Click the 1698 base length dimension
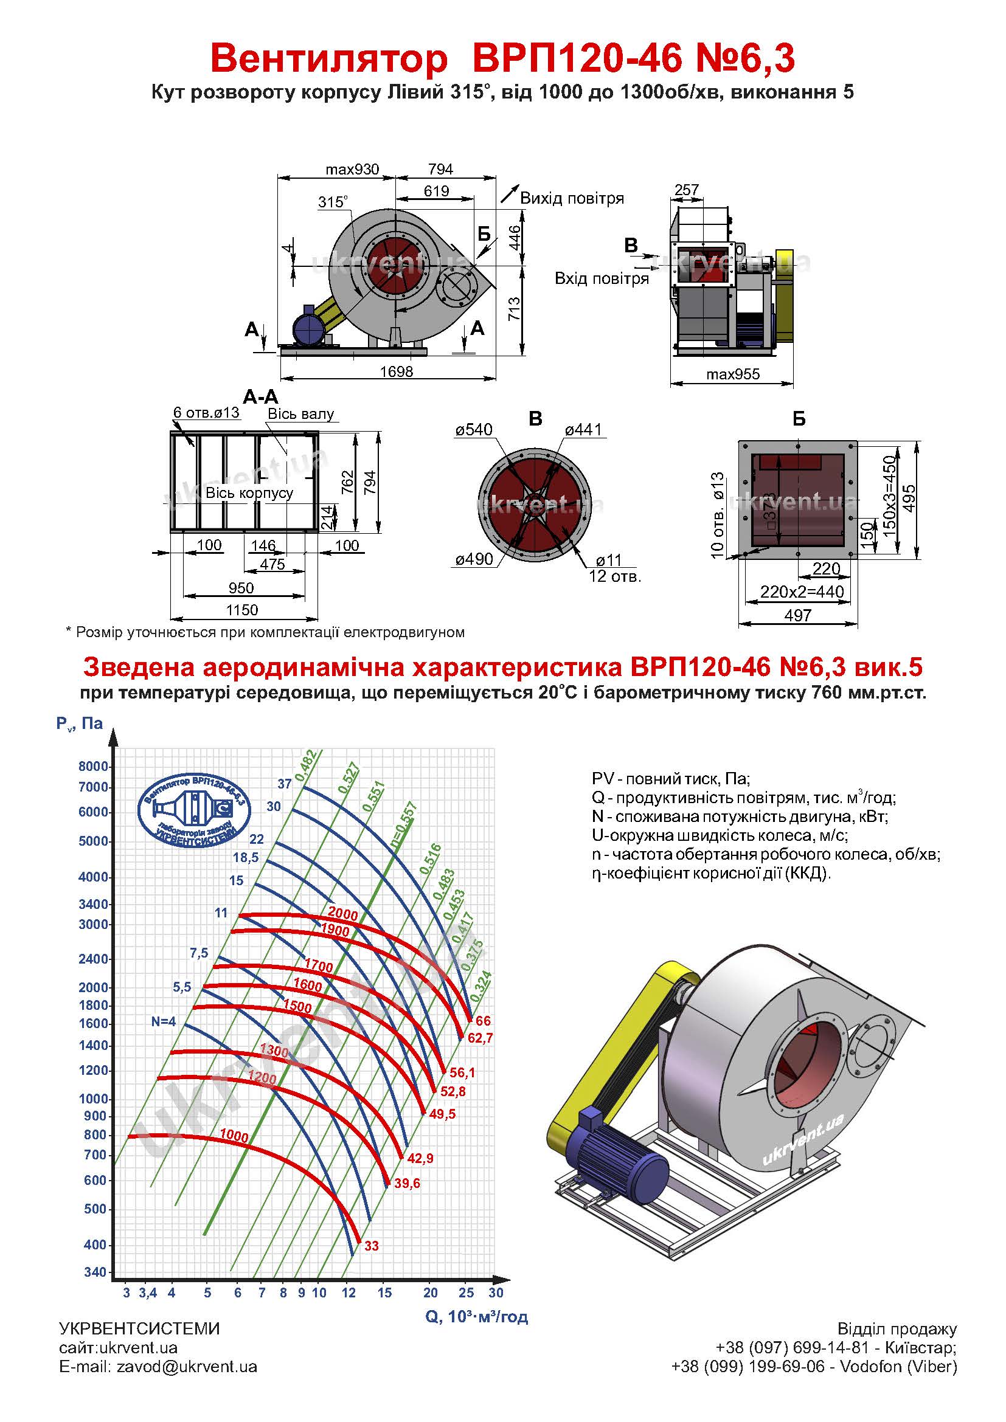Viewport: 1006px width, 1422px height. coord(397,371)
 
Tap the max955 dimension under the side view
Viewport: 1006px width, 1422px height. coord(733,374)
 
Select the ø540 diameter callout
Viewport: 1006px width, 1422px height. coord(474,429)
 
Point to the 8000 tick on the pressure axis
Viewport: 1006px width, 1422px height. coord(94,766)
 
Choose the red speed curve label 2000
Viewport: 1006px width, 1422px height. coord(342,913)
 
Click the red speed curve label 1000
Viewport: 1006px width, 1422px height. coord(234,1136)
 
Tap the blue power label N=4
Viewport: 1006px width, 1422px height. coord(164,1021)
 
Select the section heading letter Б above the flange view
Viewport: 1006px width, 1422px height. coord(799,419)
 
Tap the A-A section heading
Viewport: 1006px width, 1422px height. coord(261,396)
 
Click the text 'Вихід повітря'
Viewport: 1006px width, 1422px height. coord(572,198)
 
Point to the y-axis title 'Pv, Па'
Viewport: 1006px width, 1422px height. coord(79,723)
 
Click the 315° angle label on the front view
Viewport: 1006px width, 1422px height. coord(333,202)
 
